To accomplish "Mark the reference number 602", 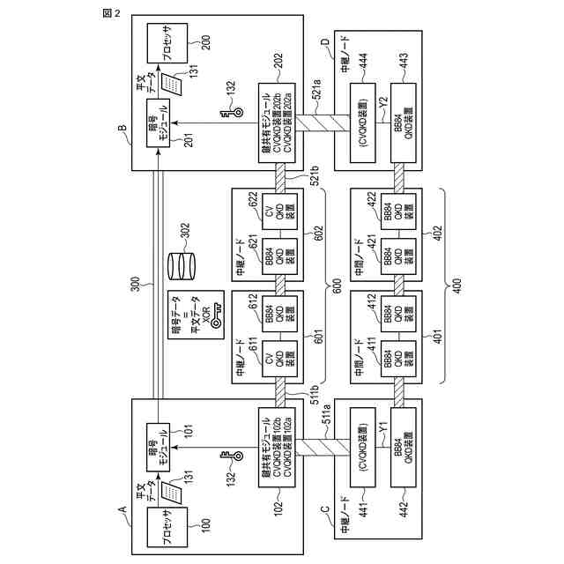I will tap(319, 234).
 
